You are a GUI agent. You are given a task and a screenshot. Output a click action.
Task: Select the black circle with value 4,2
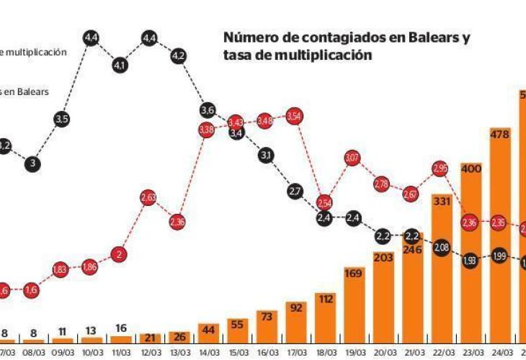coord(179,55)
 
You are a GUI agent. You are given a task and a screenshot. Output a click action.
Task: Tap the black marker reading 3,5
coord(61,119)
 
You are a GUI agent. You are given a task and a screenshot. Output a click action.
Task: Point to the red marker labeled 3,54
coord(294,116)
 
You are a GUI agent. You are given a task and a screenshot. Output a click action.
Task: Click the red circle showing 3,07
coord(352,157)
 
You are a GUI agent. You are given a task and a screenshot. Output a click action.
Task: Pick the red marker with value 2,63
coord(148,197)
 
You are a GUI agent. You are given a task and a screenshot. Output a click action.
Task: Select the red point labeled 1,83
coord(61,269)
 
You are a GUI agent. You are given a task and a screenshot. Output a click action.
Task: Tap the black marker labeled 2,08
coord(441,248)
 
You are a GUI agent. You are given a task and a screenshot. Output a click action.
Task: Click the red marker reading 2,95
coord(441,168)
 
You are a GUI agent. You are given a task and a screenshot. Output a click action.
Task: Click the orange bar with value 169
coord(353,303)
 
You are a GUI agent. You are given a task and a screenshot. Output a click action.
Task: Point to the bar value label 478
coord(500,133)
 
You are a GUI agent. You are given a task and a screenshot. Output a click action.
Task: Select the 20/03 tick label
coord(383,353)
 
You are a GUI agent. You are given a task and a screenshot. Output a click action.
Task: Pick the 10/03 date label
coord(91,353)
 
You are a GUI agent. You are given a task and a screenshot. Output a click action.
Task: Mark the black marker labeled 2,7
coord(295,191)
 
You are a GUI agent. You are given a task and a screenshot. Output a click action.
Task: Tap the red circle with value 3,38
coord(207,130)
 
